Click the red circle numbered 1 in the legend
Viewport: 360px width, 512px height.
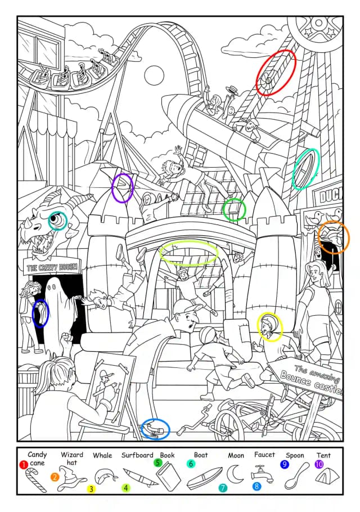(23, 464)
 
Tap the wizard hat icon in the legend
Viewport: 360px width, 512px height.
(71, 479)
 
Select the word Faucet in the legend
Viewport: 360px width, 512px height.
(264, 454)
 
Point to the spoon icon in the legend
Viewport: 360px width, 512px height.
(296, 475)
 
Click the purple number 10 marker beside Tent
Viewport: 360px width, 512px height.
(319, 464)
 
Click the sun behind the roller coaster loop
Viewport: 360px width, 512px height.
(154, 75)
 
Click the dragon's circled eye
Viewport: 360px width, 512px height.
(57, 221)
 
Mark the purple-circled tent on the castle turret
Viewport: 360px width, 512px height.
(123, 188)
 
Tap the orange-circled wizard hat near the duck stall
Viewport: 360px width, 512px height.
(334, 237)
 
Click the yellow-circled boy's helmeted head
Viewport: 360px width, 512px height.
(269, 326)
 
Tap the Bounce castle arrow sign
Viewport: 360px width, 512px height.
(307, 379)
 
